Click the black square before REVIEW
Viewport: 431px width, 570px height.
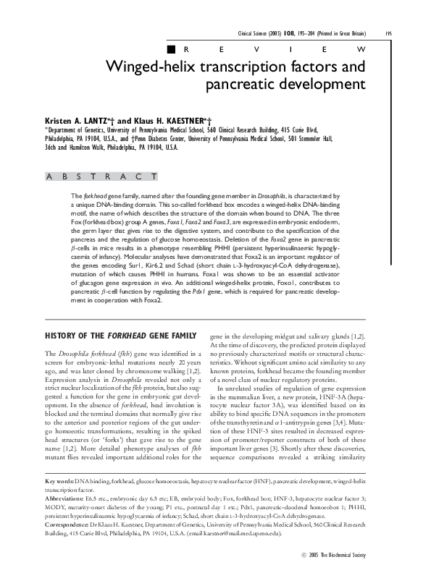tap(170, 49)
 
